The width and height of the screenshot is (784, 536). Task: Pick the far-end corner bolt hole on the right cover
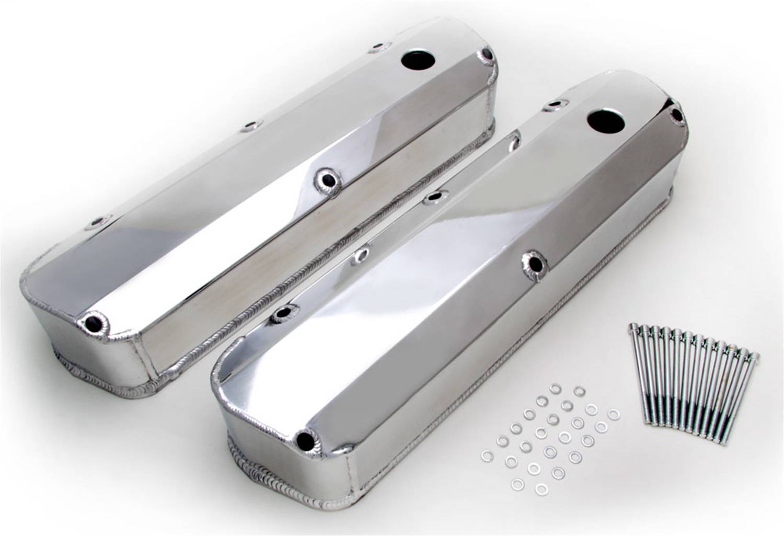pos(678,116)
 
